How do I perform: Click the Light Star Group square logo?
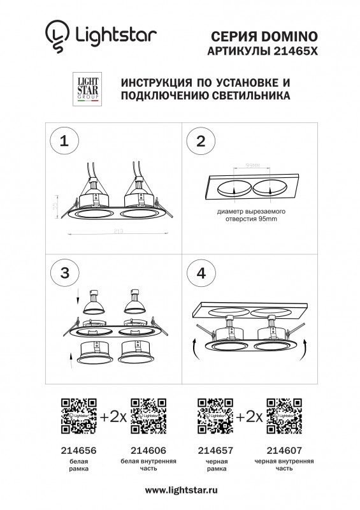coord(87,89)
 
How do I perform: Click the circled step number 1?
coord(64,142)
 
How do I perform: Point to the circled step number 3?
coord(64,273)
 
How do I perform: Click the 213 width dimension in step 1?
coord(119,231)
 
